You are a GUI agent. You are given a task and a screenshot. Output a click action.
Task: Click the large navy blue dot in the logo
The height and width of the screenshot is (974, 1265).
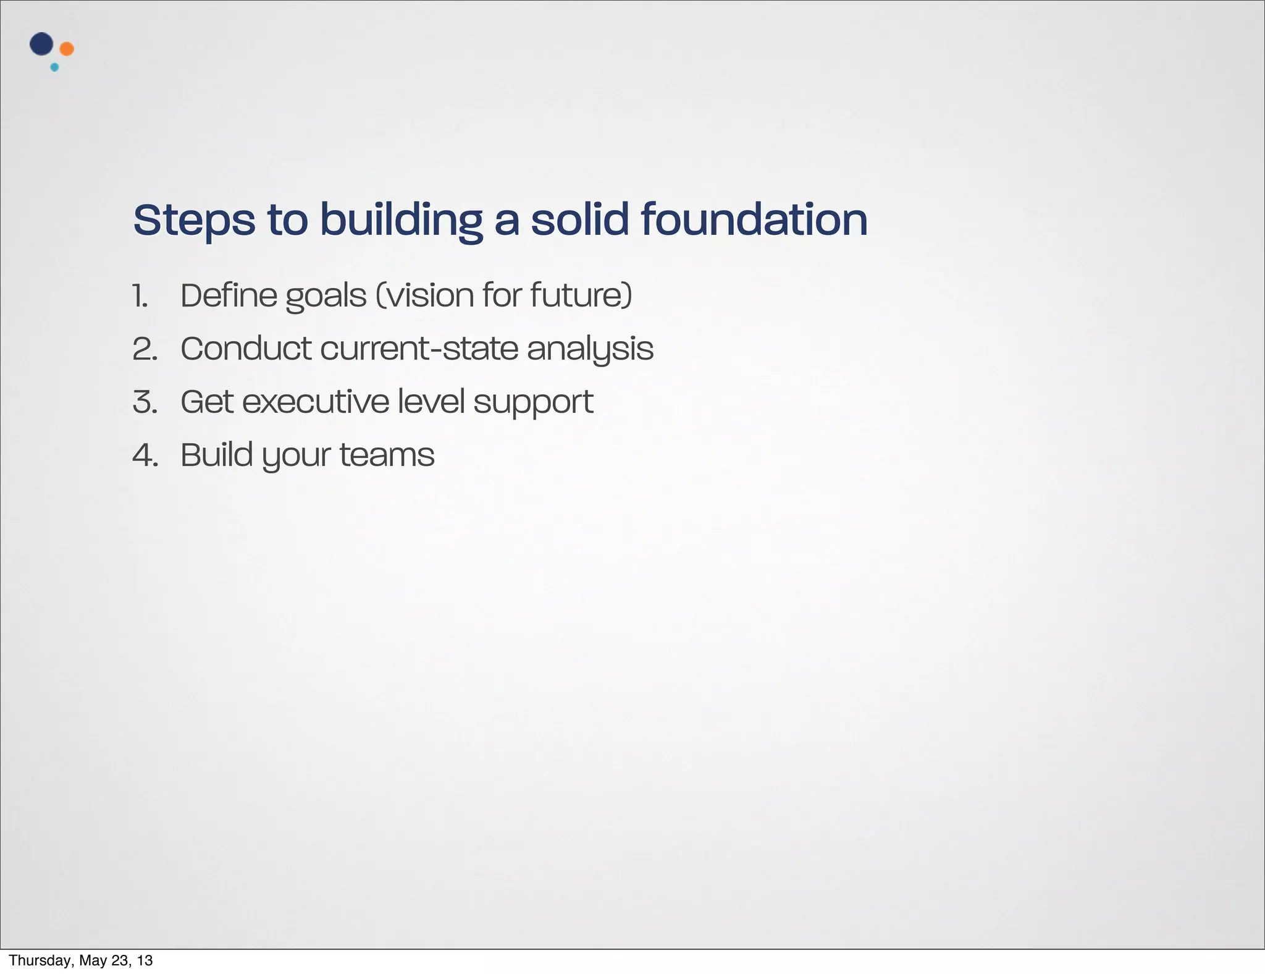[41, 44]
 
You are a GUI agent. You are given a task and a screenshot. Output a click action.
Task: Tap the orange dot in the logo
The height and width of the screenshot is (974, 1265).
[67, 49]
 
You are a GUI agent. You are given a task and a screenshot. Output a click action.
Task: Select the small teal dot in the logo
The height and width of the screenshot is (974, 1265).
[54, 67]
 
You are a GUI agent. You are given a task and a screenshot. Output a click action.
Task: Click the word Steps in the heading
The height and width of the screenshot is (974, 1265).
[194, 221]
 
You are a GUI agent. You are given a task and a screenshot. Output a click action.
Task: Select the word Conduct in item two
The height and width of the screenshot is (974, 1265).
[246, 349]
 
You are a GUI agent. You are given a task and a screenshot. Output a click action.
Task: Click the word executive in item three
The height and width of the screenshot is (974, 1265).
[315, 402]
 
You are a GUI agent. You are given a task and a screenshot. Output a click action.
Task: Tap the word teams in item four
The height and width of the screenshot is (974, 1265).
[387, 455]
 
